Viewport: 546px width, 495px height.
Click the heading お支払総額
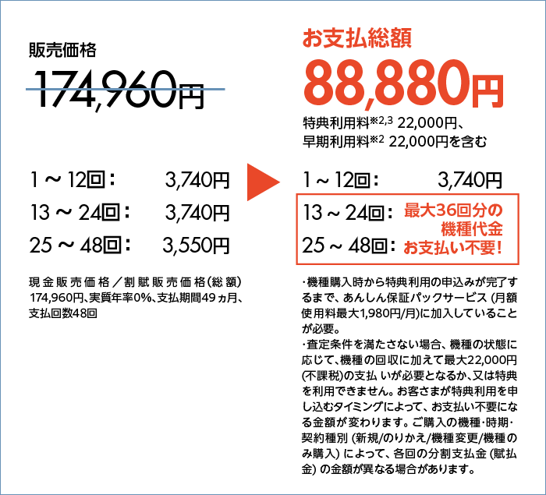pyautogui.click(x=356, y=38)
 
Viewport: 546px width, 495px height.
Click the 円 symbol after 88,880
pyautogui.click(x=487, y=90)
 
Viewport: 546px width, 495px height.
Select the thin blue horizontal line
pyautogui.click(x=125, y=90)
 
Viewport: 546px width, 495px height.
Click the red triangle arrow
pyautogui.click(x=262, y=182)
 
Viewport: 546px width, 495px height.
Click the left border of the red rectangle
pyautogui.click(x=297, y=228)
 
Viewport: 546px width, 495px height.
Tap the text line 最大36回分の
pyautogui.click(x=453, y=211)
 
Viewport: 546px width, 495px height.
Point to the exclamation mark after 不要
pyautogui.click(x=498, y=249)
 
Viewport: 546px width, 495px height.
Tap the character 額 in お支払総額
pyautogui.click(x=401, y=38)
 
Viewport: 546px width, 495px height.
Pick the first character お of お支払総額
pyautogui.click(x=312, y=38)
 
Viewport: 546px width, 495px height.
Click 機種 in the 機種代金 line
pyautogui.click(x=452, y=230)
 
